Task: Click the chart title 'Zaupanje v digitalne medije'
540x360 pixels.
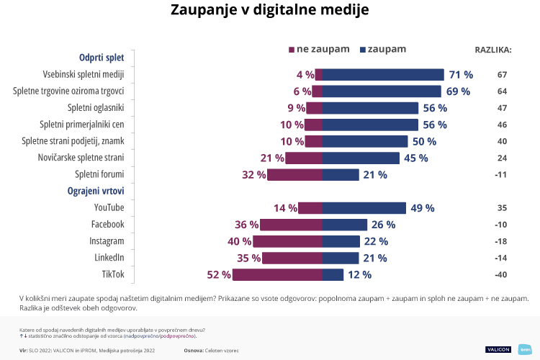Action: tap(270, 11)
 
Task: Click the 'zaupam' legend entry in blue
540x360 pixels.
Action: tap(383, 49)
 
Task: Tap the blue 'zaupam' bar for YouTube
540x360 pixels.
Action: tap(364, 208)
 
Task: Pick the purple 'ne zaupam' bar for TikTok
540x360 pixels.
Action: tap(278, 274)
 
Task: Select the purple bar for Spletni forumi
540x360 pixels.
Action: tap(295, 174)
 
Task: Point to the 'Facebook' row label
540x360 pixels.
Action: tap(107, 225)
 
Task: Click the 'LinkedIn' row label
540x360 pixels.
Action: tap(109, 258)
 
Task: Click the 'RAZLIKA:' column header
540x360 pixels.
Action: tap(492, 50)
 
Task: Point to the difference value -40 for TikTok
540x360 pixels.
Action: tap(502, 274)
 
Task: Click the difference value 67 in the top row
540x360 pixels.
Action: tap(502, 75)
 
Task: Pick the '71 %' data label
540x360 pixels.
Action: tap(460, 74)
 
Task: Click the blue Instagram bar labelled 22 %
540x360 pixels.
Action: tap(341, 241)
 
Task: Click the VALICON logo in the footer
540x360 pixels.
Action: tap(498, 349)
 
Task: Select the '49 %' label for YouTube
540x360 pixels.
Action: tap(422, 208)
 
